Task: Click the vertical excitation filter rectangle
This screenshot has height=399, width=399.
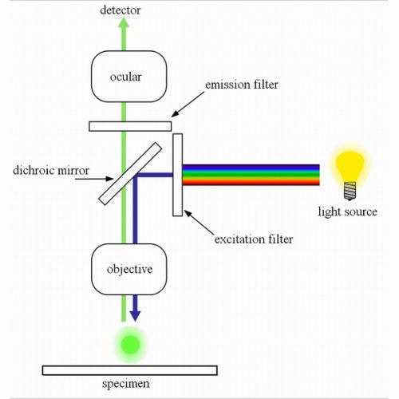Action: (177, 175)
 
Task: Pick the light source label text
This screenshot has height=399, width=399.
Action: (349, 212)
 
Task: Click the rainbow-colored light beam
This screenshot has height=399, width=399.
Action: (251, 175)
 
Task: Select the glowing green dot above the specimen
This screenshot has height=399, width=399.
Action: (130, 344)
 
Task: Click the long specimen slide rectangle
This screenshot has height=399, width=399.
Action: (129, 369)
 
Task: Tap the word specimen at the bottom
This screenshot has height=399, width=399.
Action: (129, 386)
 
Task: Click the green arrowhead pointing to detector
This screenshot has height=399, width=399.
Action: (123, 25)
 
